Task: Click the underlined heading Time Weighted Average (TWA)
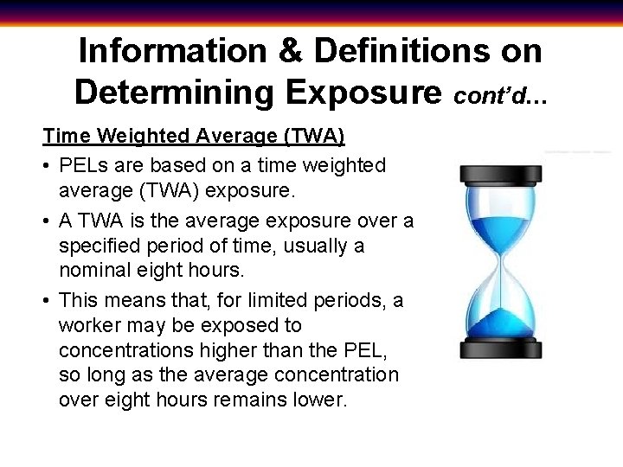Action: tap(195, 136)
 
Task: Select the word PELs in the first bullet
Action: tap(82, 164)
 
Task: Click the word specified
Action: tap(96, 246)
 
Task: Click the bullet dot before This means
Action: tap(48, 300)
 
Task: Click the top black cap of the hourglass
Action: tap(501, 174)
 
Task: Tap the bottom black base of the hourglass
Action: tap(501, 349)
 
